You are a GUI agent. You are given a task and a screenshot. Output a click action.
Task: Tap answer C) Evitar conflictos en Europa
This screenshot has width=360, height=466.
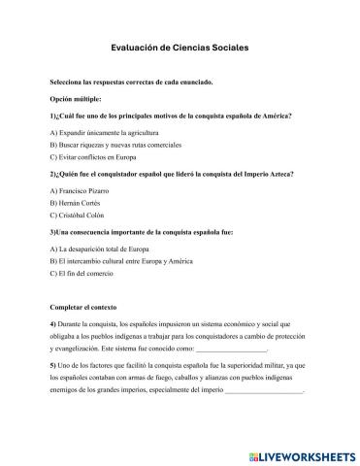tap(92, 155)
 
